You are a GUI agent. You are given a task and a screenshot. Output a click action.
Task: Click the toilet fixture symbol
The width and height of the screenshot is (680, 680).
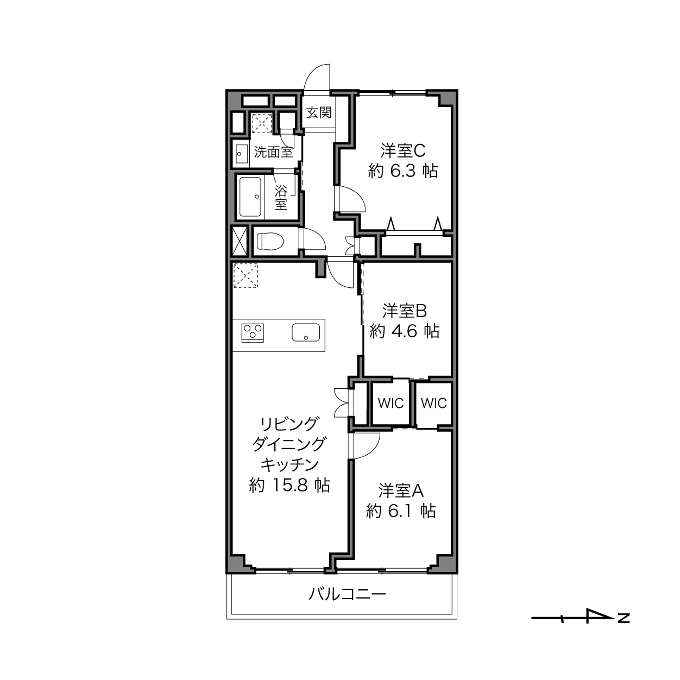point(270,241)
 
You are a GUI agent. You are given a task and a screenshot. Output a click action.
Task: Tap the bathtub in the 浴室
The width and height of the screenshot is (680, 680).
point(250,197)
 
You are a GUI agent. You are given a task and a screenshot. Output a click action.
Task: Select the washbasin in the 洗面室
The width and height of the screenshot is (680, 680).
point(242,154)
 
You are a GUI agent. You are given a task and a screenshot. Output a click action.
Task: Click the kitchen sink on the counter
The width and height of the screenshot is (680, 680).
point(306,332)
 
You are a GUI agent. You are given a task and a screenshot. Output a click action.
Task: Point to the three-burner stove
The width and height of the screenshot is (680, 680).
point(253,333)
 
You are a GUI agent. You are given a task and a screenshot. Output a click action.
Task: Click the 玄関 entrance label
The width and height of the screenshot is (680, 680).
point(319,112)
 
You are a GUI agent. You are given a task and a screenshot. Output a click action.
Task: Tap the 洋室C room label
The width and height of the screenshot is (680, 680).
point(402,150)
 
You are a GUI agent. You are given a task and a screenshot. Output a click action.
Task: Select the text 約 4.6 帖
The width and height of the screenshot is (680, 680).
point(405,331)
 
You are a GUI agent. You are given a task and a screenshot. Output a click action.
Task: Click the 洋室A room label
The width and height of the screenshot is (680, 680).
point(401,490)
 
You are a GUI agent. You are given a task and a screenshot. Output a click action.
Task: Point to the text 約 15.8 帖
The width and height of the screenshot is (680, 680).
point(289,485)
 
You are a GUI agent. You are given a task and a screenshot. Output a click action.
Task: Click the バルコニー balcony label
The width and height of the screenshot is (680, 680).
point(347,594)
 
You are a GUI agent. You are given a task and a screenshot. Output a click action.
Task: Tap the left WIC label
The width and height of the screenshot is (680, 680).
point(391,403)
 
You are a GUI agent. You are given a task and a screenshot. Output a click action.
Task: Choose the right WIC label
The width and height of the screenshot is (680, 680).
point(433,403)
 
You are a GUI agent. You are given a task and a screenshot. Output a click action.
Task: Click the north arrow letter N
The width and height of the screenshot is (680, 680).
point(624,618)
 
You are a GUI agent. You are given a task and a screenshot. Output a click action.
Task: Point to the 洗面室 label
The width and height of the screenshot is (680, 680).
point(274,153)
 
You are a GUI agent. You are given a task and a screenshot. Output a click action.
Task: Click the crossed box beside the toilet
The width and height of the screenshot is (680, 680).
point(240,241)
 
